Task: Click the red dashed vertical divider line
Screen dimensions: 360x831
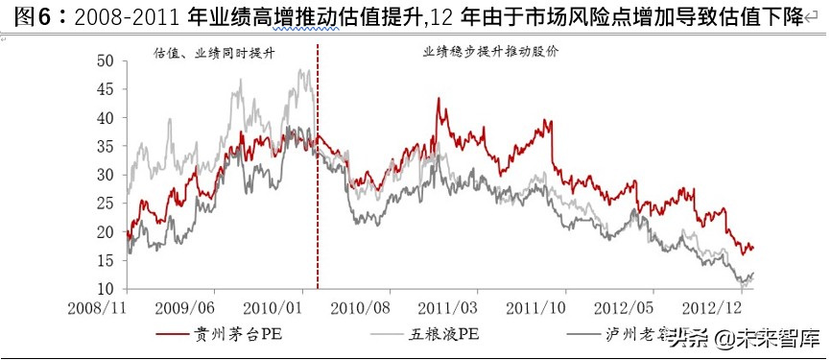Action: click(x=317, y=192)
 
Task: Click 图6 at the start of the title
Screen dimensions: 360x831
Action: click(x=21, y=15)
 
